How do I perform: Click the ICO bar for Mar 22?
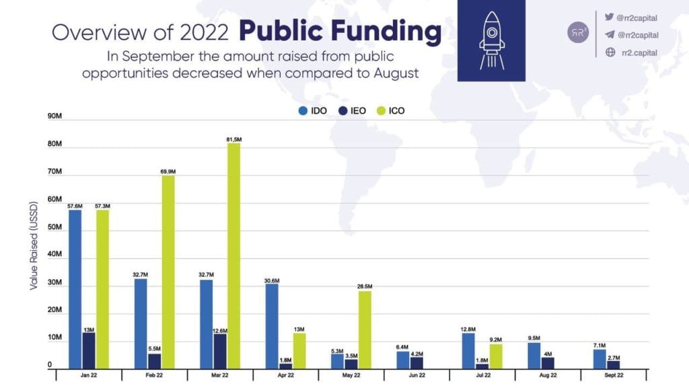tap(234, 256)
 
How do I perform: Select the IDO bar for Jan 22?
tap(75, 289)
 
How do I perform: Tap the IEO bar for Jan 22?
tap(89, 350)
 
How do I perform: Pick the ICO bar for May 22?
tap(365, 329)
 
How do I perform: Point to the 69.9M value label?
tap(168, 171)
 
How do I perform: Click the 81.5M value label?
tap(233, 139)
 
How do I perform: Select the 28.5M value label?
tap(365, 286)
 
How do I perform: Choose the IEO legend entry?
tap(353, 110)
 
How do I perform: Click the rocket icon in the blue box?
tap(491, 40)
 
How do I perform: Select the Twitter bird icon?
tap(610, 17)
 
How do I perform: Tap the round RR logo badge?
tap(577, 32)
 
